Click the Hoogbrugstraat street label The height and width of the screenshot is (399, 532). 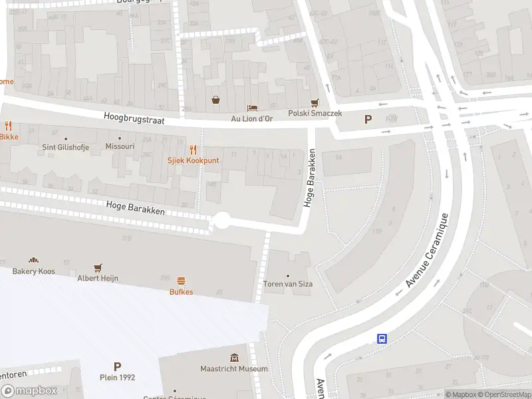pyautogui.click(x=134, y=118)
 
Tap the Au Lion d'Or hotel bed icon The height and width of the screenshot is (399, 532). pyautogui.click(x=252, y=108)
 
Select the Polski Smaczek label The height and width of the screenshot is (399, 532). pyautogui.click(x=315, y=114)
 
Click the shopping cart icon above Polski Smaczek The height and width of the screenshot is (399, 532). pyautogui.click(x=315, y=102)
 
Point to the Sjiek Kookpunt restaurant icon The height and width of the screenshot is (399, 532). pyautogui.click(x=194, y=150)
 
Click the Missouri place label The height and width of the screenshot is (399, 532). pyautogui.click(x=120, y=146)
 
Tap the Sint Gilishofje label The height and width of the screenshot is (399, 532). pyautogui.click(x=66, y=146)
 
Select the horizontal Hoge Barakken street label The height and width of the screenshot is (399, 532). pyautogui.click(x=134, y=208)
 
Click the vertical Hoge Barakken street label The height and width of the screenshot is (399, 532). pyautogui.click(x=310, y=178)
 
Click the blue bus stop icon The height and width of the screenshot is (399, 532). pyautogui.click(x=382, y=338)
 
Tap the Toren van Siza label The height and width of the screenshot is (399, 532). pyautogui.click(x=288, y=284)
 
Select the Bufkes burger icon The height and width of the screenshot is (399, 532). pyautogui.click(x=181, y=281)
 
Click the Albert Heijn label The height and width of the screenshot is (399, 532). pyautogui.click(x=98, y=278)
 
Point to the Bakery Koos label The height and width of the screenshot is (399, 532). pyautogui.click(x=33, y=271)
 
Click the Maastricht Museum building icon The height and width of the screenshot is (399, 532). pyautogui.click(x=234, y=358)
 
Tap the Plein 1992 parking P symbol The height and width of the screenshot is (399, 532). pyautogui.click(x=118, y=366)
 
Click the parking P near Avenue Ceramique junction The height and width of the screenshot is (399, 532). pyautogui.click(x=367, y=120)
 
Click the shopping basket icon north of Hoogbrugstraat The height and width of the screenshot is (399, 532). pyautogui.click(x=216, y=100)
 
